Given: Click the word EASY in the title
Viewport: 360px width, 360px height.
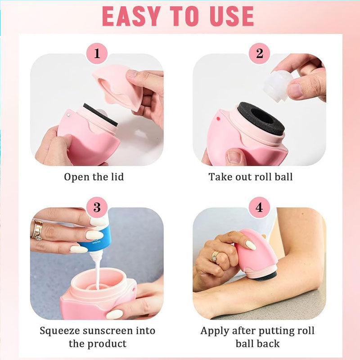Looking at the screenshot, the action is click(x=131, y=16).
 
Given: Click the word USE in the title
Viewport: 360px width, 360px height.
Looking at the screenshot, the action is click(x=232, y=16).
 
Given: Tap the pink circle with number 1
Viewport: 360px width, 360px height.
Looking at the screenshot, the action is click(x=97, y=53).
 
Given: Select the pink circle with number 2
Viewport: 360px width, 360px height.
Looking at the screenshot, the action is click(x=260, y=53).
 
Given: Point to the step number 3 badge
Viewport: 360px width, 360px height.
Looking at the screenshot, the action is click(x=97, y=207).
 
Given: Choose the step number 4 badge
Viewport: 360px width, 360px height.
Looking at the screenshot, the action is click(x=260, y=207).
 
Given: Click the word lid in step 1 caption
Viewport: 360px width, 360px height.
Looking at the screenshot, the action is click(x=117, y=177).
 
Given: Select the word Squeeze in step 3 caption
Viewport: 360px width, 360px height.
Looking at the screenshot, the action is click(x=60, y=331).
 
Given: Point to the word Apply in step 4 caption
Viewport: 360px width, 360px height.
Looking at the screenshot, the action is click(x=215, y=331).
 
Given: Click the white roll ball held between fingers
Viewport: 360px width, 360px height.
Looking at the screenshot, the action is click(x=278, y=85).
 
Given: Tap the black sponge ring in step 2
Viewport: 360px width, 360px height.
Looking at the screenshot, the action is click(x=261, y=118).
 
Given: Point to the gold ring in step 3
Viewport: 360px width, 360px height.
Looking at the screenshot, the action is click(x=37, y=230).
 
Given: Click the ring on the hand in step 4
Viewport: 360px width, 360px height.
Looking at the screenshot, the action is click(x=215, y=256).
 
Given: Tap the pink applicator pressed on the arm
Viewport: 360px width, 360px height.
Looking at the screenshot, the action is click(x=256, y=254).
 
